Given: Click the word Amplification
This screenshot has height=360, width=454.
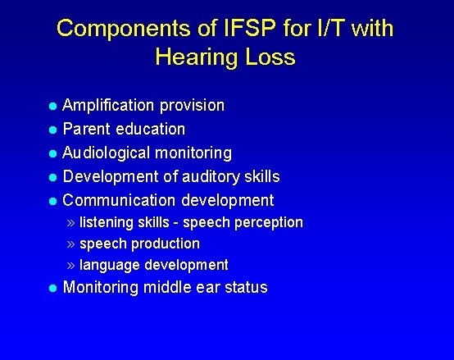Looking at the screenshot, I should [x=110, y=106].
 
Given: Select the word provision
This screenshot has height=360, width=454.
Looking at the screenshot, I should [x=193, y=106].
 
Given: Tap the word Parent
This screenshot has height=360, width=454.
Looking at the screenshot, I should [x=89, y=130].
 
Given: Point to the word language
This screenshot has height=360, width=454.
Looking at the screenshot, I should [x=110, y=266].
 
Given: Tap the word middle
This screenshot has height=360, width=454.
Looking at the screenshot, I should [x=168, y=288].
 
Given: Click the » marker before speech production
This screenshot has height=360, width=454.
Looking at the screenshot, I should [x=71, y=244].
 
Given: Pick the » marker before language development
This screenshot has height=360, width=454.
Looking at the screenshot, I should [x=71, y=266].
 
